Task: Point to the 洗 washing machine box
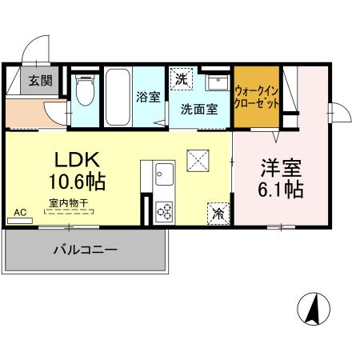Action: [182, 80]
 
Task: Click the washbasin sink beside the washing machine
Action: [215, 83]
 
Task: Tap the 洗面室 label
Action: [199, 110]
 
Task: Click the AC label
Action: [21, 212]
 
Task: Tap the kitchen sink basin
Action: [165, 173]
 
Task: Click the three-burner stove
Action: [166, 210]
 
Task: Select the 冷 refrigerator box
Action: [217, 213]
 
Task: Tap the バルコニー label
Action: [86, 249]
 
